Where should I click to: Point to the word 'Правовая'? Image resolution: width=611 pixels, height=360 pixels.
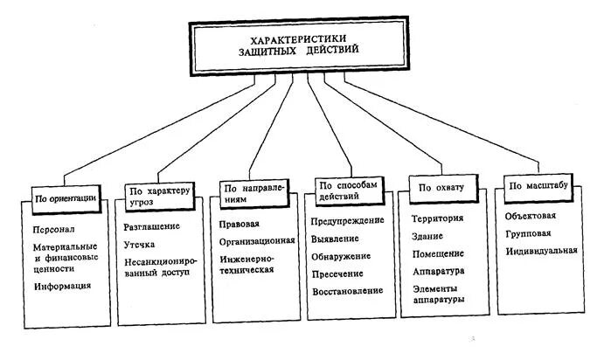pyautogui.click(x=240, y=224)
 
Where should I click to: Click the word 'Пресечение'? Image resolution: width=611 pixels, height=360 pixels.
pyautogui.click(x=337, y=275)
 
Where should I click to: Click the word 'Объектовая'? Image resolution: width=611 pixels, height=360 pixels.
pyautogui.click(x=531, y=215)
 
